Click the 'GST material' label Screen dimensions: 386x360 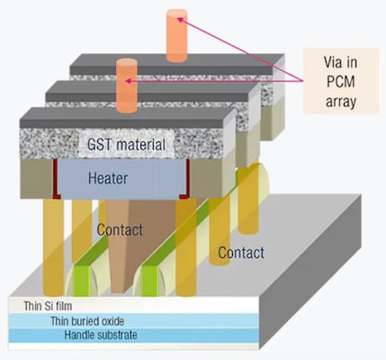coord(126,144)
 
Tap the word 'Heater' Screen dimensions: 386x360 coord(108,178)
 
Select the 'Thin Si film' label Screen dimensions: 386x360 coord(48,306)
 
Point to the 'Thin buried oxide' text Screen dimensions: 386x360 coord(87,321)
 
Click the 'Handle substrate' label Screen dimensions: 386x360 coord(101,335)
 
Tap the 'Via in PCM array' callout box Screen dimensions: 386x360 coord(341,81)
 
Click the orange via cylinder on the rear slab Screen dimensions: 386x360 coord(177,35)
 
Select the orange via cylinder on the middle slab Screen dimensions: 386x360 coord(127,85)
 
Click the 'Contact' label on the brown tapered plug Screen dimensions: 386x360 coord(120,230)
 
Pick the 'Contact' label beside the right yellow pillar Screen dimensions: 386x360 coord(241,253)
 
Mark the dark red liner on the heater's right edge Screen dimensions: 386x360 coord(186,180)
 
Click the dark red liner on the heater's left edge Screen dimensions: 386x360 coord(56,179)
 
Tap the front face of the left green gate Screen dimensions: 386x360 coord(82,281)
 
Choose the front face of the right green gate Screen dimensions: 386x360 coord(149,281)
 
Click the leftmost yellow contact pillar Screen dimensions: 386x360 coord(53,247)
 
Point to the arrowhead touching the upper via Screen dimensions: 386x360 coord(179,20)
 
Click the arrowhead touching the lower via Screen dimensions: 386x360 coord(128,81)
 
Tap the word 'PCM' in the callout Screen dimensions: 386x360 coord(341,82)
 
